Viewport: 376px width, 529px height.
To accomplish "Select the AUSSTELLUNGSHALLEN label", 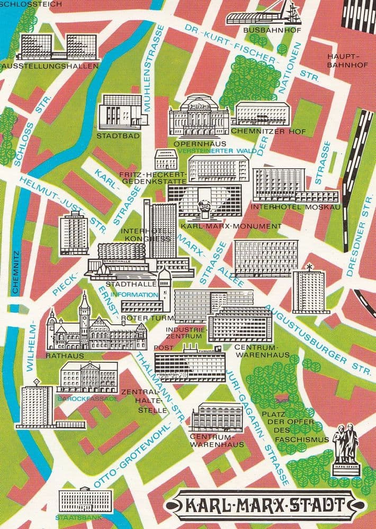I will (51, 67).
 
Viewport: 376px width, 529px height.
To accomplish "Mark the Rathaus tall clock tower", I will (84, 312).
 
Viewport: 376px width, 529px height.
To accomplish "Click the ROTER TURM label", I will (139, 318).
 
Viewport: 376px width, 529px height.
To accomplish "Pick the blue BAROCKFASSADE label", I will (88, 398).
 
